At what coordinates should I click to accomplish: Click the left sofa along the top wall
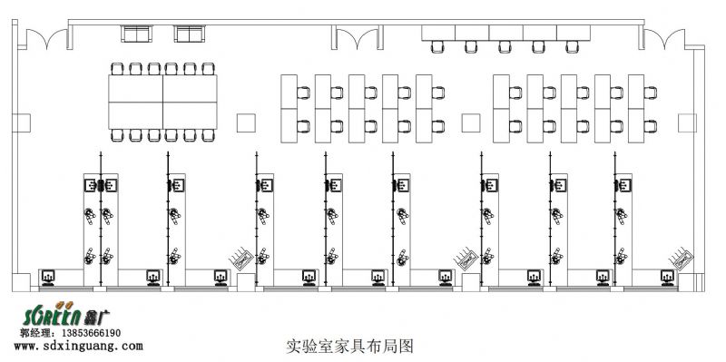(136, 34)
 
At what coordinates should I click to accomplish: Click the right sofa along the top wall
(189, 34)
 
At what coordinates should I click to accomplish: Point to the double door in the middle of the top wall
(358, 38)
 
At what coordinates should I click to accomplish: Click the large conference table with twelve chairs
(162, 102)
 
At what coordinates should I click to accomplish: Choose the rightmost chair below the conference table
(209, 135)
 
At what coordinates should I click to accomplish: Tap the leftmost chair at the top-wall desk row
(439, 45)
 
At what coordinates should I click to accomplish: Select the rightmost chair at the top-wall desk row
(572, 45)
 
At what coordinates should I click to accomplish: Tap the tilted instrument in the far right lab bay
(684, 258)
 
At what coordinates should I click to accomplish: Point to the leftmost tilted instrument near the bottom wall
(241, 258)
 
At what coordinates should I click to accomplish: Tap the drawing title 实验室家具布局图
(349, 346)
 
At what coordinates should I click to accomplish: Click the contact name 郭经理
(36, 334)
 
